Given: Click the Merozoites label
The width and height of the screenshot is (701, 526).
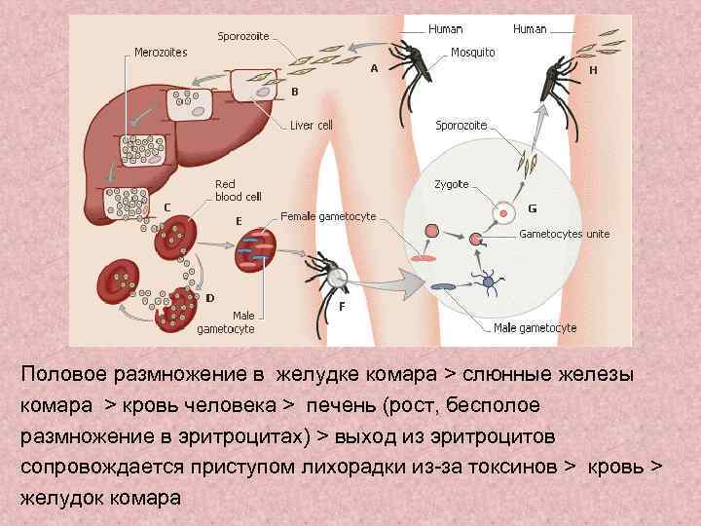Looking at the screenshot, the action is click(x=161, y=52).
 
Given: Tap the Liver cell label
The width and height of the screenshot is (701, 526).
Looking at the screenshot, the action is click(x=312, y=126).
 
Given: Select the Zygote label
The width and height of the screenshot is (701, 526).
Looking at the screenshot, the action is click(x=451, y=184).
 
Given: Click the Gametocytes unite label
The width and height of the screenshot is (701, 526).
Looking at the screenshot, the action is click(x=564, y=234).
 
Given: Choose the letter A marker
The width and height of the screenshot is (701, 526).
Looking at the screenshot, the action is click(x=374, y=69).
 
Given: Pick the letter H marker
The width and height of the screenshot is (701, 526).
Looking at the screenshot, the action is click(x=593, y=70).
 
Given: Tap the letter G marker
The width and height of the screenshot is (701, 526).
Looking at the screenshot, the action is click(x=532, y=208).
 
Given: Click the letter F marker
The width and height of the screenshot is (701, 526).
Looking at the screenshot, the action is click(x=341, y=306).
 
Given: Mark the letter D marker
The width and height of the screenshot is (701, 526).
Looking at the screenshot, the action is click(x=210, y=297).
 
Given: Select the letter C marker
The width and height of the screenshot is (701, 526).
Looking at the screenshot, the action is click(x=167, y=207).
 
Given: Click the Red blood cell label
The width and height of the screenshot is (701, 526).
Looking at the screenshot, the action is click(x=238, y=190).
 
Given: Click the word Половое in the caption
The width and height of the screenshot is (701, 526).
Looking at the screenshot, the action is click(x=63, y=374).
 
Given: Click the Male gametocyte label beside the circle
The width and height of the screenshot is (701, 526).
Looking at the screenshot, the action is click(x=535, y=328).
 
